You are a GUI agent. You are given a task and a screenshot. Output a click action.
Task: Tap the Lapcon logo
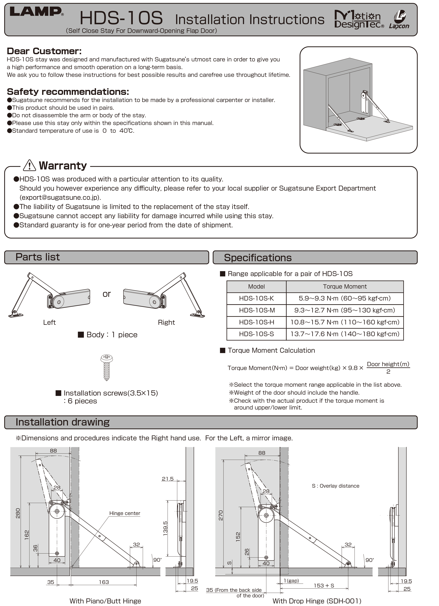tap(399, 19)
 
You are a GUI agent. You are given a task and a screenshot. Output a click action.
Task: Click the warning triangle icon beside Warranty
tap(29, 165)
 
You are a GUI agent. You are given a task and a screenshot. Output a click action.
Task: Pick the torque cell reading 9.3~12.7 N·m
tap(345, 310)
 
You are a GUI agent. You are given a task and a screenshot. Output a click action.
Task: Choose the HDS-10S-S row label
tap(256, 334)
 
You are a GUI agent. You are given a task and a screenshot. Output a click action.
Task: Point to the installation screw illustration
tap(107, 367)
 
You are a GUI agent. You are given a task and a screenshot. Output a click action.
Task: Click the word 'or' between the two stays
tap(107, 294)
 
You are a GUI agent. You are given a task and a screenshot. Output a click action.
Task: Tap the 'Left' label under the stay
tap(49, 323)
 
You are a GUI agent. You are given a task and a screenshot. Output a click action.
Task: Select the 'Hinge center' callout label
tap(125, 513)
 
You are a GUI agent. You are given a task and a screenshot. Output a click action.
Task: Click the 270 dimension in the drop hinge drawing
tap(221, 515)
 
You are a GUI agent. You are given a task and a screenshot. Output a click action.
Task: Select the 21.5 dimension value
tap(168, 479)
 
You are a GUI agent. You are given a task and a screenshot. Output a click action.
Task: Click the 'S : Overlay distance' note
tap(335, 486)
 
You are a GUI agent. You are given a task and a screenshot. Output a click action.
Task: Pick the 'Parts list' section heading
tap(38, 257)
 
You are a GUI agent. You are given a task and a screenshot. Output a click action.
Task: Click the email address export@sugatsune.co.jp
tap(60, 197)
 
